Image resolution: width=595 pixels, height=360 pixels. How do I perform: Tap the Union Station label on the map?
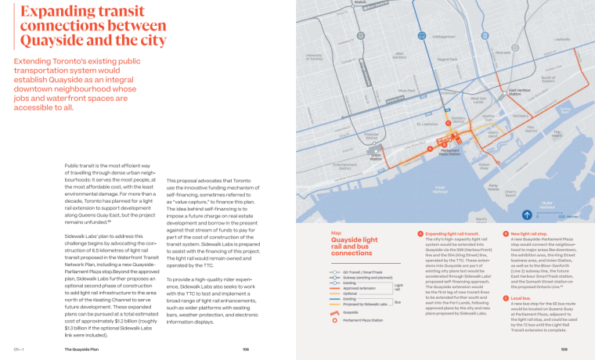(377, 156)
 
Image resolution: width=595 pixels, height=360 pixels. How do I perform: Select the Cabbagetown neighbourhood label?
(443, 37)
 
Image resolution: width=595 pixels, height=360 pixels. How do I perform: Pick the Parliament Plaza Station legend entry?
(361, 320)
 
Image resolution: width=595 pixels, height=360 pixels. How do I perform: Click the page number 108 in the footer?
(245, 350)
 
